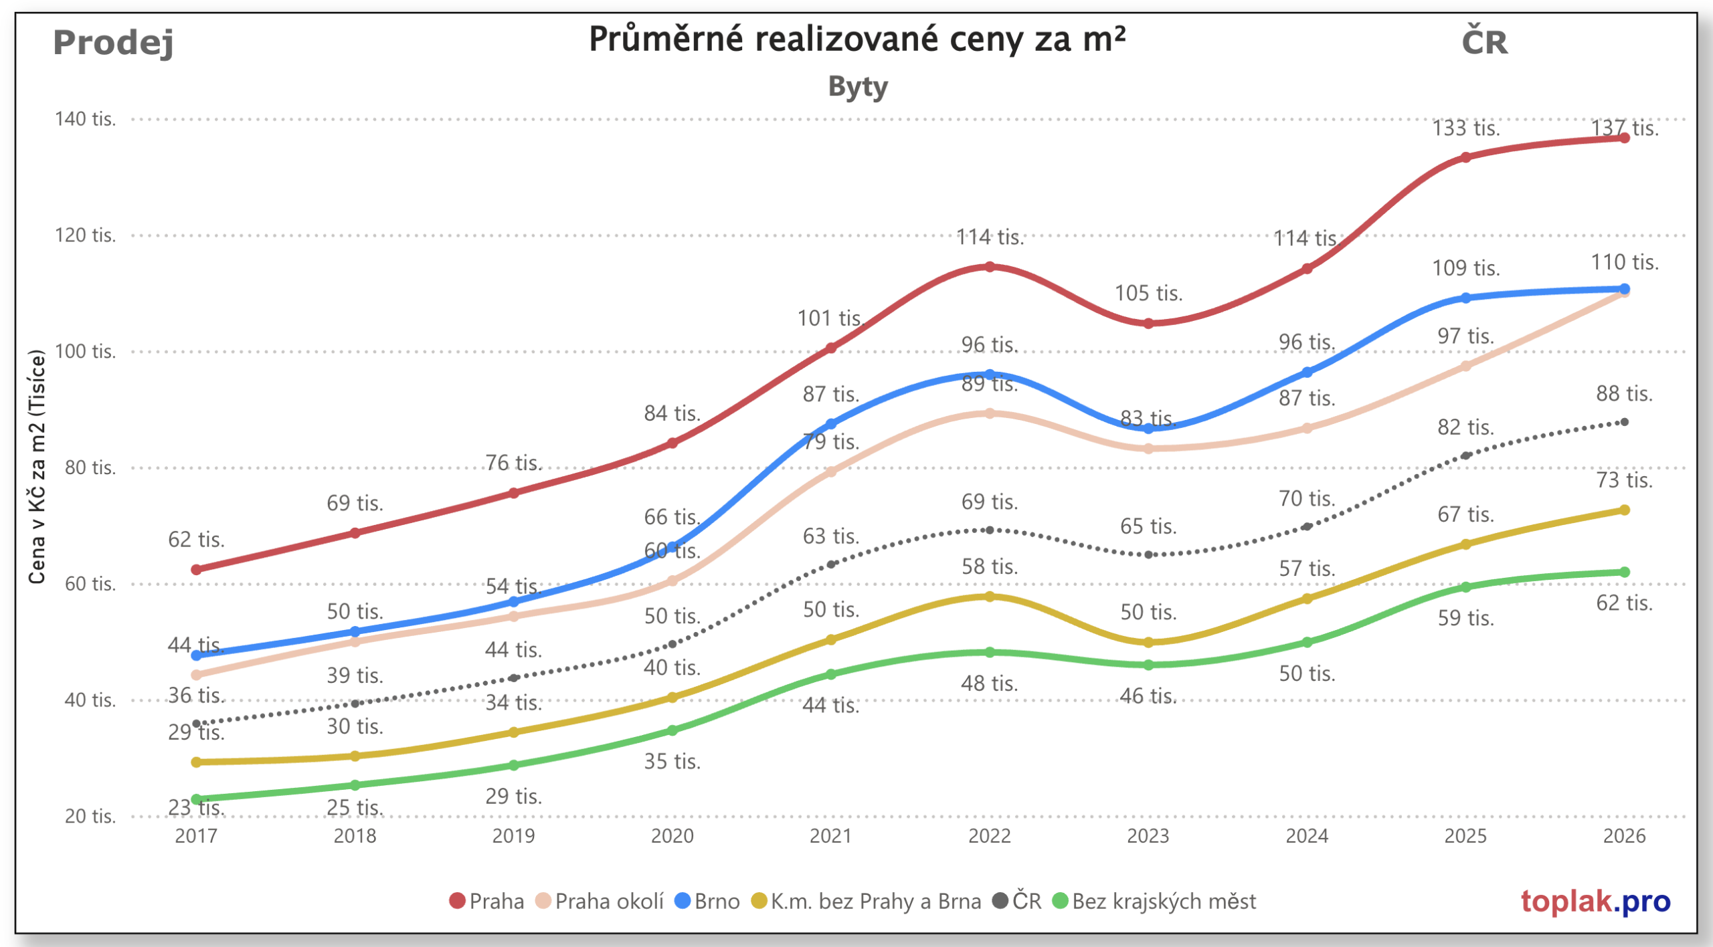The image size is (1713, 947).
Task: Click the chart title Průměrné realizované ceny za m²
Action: (856, 39)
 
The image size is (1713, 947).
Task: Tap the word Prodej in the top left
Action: (113, 42)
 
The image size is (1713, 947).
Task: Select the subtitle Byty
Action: (858, 87)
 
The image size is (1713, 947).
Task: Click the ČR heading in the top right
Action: (1484, 42)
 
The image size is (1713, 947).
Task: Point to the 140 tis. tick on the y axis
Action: (85, 119)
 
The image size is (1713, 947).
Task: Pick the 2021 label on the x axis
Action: (830, 836)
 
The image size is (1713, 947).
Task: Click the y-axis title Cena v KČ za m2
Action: (37, 466)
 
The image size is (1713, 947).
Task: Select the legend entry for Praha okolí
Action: (600, 902)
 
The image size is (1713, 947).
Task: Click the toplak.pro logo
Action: (1595, 902)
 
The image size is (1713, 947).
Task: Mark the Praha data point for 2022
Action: (990, 267)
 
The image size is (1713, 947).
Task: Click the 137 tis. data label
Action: (1625, 128)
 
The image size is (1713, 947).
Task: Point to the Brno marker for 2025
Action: (1465, 298)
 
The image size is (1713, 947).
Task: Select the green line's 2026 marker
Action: (1624, 572)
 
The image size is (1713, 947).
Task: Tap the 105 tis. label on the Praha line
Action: (1148, 293)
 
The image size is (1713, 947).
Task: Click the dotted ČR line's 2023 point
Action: (1148, 554)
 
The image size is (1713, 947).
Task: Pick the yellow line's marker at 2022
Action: (990, 597)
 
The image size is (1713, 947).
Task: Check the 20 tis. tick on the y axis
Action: (90, 817)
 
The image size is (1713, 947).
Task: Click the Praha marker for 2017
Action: (196, 570)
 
